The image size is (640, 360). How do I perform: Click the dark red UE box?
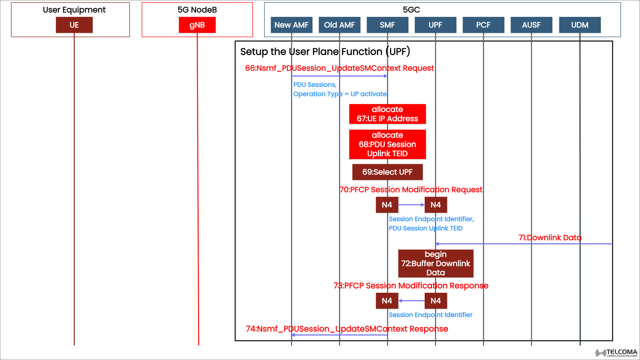[x=74, y=25]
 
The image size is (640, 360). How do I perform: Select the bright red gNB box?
[x=197, y=25]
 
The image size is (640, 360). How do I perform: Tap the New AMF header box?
[x=291, y=25]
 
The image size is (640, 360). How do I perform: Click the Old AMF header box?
[x=339, y=25]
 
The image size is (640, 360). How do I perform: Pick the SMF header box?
[x=387, y=25]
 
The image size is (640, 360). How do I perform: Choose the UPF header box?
[x=435, y=25]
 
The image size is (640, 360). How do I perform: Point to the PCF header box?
[x=483, y=25]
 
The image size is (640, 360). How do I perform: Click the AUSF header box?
[x=531, y=25]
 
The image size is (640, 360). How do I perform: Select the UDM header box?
[x=580, y=25]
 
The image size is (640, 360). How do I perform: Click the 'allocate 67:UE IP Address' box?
[x=387, y=114]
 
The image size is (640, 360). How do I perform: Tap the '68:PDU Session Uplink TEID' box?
[x=387, y=144]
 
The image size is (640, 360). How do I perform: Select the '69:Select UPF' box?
[x=387, y=172]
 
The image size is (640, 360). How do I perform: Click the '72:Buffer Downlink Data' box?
[x=436, y=263]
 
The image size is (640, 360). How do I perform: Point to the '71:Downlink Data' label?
[x=550, y=238]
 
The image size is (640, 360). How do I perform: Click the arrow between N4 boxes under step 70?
[x=411, y=205]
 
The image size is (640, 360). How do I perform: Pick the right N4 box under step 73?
[x=436, y=301]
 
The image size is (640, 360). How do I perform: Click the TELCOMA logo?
[x=617, y=353]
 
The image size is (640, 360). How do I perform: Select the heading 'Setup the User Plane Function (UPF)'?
[x=325, y=52]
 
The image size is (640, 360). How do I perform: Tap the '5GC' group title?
[x=411, y=10]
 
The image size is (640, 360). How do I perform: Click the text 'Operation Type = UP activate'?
[x=340, y=94]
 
